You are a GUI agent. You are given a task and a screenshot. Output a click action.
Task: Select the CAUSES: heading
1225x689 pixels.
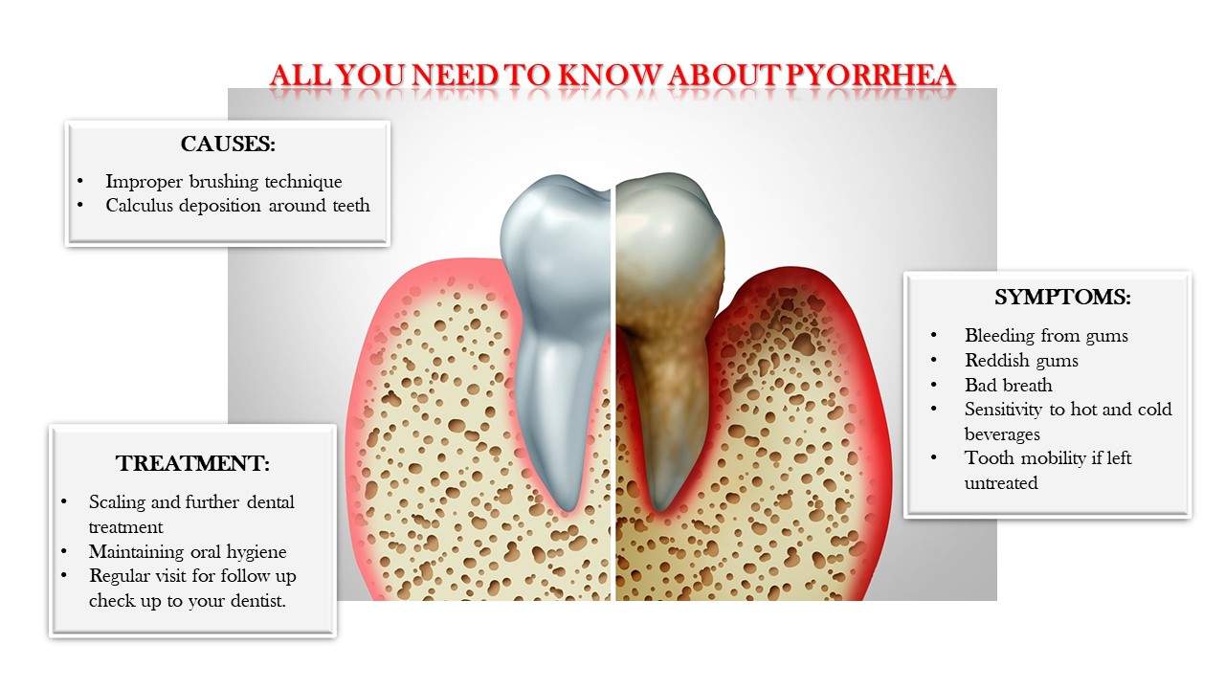pos(228,144)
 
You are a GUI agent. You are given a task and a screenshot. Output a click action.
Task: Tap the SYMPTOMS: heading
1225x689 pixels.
pos(1062,297)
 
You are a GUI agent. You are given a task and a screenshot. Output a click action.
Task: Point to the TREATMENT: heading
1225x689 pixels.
pos(192,463)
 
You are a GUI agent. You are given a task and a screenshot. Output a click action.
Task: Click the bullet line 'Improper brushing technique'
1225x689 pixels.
pos(224,182)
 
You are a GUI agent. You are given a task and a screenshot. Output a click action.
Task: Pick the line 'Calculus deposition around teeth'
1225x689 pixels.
pos(238,206)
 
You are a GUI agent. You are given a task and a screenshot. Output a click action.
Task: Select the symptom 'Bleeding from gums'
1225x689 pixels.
pos(1046,336)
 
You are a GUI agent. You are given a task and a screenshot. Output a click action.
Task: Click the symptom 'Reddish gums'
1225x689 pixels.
pos(1021,361)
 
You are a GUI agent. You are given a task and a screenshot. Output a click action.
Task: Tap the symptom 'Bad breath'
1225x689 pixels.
pos(1009,385)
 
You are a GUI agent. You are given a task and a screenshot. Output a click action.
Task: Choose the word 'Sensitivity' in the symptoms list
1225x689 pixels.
pos(1003,410)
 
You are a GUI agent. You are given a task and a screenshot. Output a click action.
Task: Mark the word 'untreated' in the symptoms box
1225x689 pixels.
pos(1001,483)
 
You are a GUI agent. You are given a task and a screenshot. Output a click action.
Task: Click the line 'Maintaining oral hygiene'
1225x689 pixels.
pos(188,552)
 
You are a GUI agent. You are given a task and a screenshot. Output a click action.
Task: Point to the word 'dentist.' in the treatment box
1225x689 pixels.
pos(258,601)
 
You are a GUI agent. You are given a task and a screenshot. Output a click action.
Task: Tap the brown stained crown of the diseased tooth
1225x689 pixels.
pos(670,246)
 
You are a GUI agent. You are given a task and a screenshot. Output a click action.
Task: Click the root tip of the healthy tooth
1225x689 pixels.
pos(568,507)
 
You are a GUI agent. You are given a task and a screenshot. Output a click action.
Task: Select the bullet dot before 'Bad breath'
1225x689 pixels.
pos(933,385)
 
